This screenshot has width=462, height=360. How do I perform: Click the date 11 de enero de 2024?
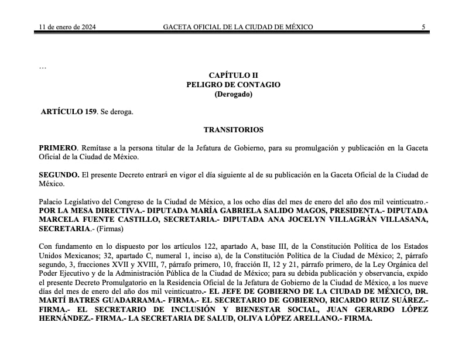click(x=67, y=27)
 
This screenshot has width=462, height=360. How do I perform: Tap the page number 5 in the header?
click(x=423, y=27)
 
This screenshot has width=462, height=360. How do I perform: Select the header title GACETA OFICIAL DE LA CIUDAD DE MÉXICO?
click(x=238, y=27)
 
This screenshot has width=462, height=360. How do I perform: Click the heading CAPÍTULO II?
click(x=233, y=76)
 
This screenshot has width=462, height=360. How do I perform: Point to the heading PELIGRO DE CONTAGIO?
click(x=233, y=85)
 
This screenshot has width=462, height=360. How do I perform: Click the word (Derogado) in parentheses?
click(x=233, y=94)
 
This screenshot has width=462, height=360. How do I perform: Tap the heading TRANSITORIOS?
click(x=233, y=130)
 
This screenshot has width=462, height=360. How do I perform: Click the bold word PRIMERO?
click(x=57, y=148)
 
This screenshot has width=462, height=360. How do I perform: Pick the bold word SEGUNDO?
click(x=59, y=175)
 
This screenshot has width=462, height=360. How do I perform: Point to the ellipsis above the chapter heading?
click(x=42, y=67)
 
